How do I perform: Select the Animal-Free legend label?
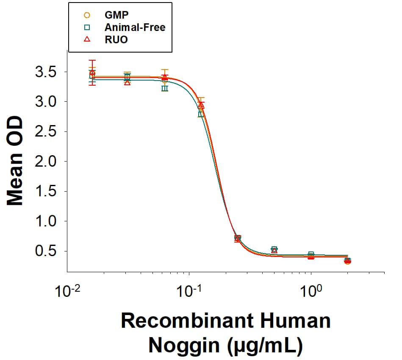pyautogui.click(x=135, y=28)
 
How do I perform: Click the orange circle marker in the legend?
pyautogui.click(x=87, y=15)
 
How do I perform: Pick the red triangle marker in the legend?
pyautogui.click(x=87, y=39)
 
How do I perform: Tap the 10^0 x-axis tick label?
pyautogui.click(x=311, y=291)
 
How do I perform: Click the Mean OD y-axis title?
pyautogui.click(x=16, y=161)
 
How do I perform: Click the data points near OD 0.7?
pyautogui.click(x=238, y=239)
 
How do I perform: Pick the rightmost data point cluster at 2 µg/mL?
pyautogui.click(x=347, y=261)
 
